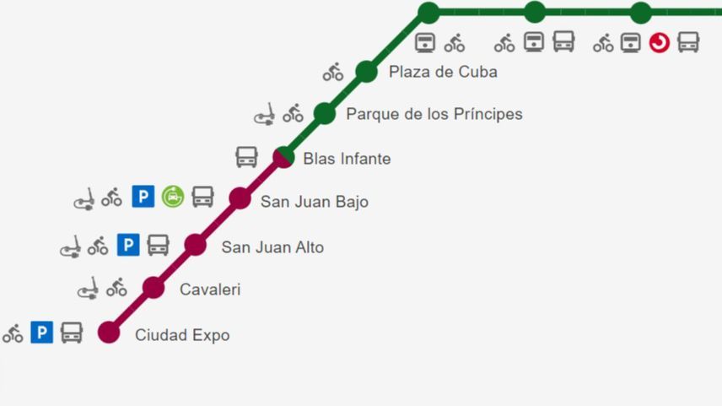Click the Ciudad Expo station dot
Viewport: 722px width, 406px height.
(x=109, y=332)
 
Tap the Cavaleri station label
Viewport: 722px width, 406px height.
(x=210, y=290)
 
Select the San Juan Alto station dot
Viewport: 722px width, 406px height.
(x=196, y=245)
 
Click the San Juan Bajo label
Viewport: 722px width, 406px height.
(x=314, y=202)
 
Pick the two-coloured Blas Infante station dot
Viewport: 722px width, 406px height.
(x=284, y=157)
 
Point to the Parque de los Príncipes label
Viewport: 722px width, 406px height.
(x=434, y=114)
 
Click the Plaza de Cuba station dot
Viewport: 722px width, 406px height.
(x=366, y=71)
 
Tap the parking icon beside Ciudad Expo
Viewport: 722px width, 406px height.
(x=42, y=333)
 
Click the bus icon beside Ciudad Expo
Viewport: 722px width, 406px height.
(x=72, y=333)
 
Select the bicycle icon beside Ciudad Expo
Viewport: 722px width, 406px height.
(x=13, y=333)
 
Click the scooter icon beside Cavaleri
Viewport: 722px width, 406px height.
(x=87, y=289)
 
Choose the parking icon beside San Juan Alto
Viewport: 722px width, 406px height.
(x=127, y=245)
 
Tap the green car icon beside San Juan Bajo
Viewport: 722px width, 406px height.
(x=173, y=197)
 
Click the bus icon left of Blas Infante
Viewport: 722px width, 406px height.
(x=246, y=157)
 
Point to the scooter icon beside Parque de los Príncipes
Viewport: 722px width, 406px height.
(x=265, y=114)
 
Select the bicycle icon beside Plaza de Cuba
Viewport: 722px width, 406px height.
(x=333, y=73)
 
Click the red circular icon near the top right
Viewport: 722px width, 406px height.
(x=660, y=42)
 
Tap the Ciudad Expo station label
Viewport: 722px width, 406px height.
(x=182, y=335)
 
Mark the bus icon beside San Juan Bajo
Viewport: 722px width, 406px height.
(x=202, y=197)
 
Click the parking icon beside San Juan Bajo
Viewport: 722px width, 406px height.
(x=143, y=197)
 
